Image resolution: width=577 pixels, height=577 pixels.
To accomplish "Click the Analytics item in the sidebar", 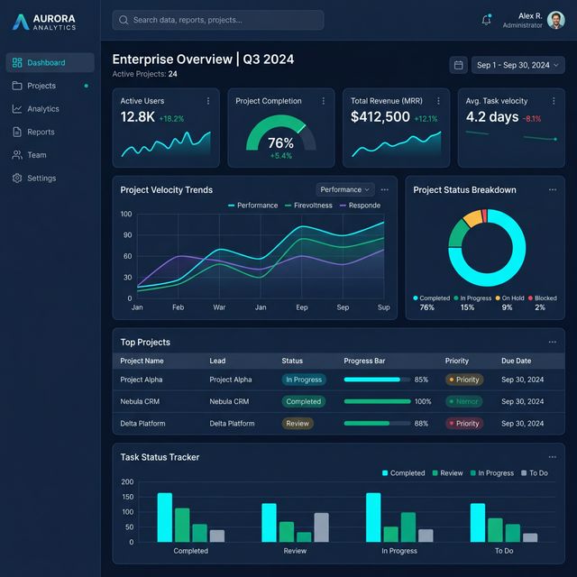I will (42, 109).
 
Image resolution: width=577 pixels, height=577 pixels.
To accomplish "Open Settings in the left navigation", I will (41, 179).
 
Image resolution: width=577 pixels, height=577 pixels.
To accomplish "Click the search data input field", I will (218, 20).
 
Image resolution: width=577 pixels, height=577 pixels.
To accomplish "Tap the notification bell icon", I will (486, 20).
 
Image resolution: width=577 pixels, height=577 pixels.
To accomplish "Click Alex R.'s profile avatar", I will (555, 20).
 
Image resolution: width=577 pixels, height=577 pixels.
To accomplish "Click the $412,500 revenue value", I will (380, 117).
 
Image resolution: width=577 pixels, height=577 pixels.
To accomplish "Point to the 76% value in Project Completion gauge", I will (280, 142).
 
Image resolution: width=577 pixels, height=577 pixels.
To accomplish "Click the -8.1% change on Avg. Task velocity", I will (532, 119).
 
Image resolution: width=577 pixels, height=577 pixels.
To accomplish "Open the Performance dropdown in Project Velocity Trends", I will (344, 189).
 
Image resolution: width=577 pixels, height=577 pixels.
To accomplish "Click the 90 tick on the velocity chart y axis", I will (126, 235).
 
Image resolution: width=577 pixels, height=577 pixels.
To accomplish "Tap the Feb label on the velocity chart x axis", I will (179, 307).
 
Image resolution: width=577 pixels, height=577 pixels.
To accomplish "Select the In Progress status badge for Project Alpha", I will (303, 380).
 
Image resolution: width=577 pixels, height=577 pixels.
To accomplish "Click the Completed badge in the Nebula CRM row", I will (303, 401).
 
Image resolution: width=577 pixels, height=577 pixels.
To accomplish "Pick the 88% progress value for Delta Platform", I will (421, 423).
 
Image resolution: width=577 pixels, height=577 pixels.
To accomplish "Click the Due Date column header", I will (517, 361).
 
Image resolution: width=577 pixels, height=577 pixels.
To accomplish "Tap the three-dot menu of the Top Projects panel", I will (552, 343).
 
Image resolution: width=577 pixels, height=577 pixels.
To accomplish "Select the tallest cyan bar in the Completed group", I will (164, 517).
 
